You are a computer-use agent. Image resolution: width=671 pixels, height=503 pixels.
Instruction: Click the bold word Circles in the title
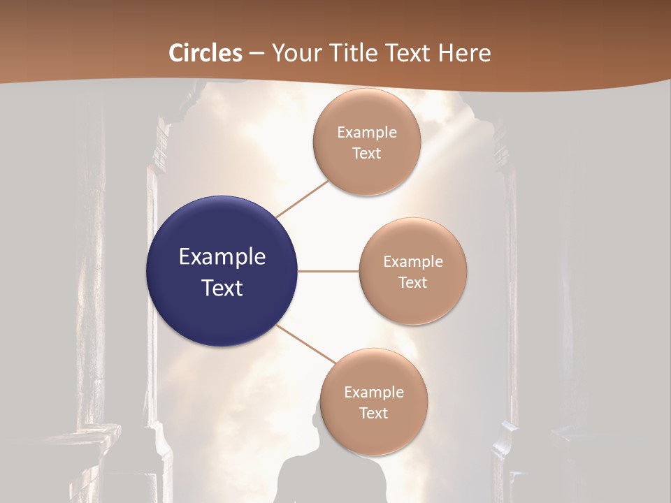pyautogui.click(x=205, y=53)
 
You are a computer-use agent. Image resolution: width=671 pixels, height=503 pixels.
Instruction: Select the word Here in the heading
pyautogui.click(x=466, y=53)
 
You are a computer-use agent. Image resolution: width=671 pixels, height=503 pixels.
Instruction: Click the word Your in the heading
pyautogui.click(x=293, y=53)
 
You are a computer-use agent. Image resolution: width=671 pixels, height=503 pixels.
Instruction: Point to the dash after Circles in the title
pyautogui.click(x=257, y=54)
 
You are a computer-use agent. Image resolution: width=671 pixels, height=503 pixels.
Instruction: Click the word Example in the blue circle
pyautogui.click(x=222, y=257)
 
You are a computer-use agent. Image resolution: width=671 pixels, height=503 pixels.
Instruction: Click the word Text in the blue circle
pyautogui.click(x=222, y=288)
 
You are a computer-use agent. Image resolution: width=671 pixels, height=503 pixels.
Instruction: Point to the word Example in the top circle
pyautogui.click(x=367, y=132)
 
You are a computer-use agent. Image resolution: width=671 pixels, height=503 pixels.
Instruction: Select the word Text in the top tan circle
pyautogui.click(x=367, y=153)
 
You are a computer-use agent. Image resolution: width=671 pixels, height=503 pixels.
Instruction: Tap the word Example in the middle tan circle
pyautogui.click(x=413, y=262)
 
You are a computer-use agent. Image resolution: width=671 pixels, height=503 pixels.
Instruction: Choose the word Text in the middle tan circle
pyautogui.click(x=413, y=282)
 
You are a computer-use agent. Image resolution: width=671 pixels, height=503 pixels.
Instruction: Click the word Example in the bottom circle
pyautogui.click(x=374, y=392)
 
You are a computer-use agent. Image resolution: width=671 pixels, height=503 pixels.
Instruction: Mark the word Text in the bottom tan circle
pyautogui.click(x=374, y=413)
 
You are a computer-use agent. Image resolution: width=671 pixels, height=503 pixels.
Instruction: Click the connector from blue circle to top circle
pyautogui.click(x=303, y=198)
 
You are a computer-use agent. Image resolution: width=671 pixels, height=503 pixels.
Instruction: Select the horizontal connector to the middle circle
pyautogui.click(x=328, y=271)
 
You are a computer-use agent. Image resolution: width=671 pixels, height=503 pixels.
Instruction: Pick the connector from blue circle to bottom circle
pyautogui.click(x=306, y=344)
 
